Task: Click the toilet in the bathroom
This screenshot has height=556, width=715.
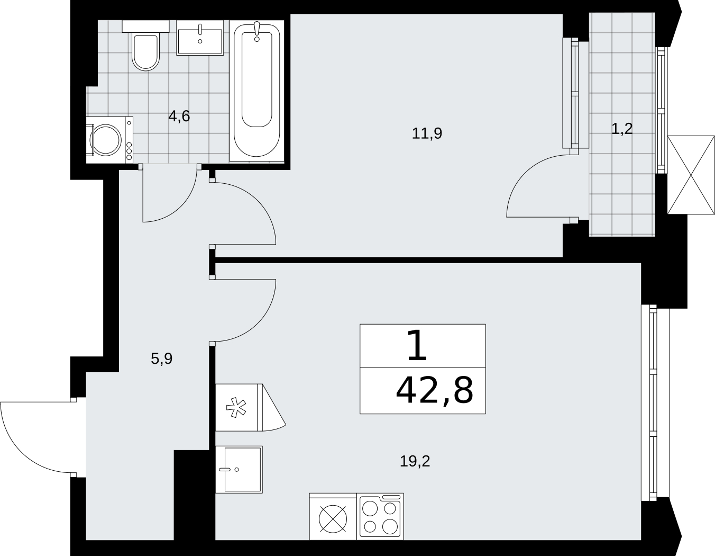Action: pyautogui.click(x=145, y=46)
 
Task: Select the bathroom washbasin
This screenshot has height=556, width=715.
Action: pyautogui.click(x=200, y=38)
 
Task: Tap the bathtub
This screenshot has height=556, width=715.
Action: pyautogui.click(x=256, y=91)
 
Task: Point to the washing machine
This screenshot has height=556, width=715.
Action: pyautogui.click(x=109, y=140)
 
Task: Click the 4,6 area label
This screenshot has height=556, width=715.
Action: pyautogui.click(x=179, y=116)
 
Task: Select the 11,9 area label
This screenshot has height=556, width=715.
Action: pyautogui.click(x=427, y=133)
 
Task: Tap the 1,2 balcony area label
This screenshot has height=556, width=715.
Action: pyautogui.click(x=622, y=129)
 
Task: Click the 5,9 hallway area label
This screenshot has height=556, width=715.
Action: pyautogui.click(x=161, y=358)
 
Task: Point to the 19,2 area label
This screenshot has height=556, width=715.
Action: pyautogui.click(x=415, y=461)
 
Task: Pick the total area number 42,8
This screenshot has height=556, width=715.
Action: pyautogui.click(x=434, y=391)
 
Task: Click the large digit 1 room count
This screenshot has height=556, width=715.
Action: pyautogui.click(x=417, y=346)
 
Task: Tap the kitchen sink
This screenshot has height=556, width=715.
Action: pyautogui.click(x=239, y=469)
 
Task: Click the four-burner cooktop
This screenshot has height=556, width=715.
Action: pyautogui.click(x=380, y=516)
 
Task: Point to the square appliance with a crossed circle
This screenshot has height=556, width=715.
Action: pyautogui.click(x=333, y=516)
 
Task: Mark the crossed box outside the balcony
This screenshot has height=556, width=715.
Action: pyautogui.click(x=691, y=175)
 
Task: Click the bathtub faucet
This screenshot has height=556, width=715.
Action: pyautogui.click(x=257, y=32)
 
